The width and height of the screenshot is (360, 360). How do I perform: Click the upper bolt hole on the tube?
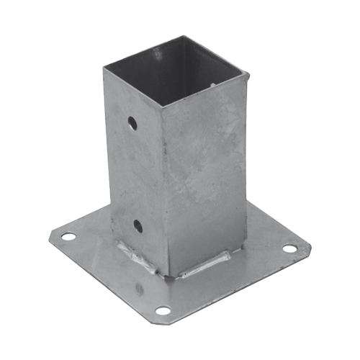click(132, 123)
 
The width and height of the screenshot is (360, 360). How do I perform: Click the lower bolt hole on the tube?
click(138, 226)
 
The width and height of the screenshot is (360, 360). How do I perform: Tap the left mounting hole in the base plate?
click(68, 236)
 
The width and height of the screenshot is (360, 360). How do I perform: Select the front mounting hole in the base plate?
click(163, 310)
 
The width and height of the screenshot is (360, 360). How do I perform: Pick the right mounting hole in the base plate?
click(289, 248)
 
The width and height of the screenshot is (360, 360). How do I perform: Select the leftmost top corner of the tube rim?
click(103, 67)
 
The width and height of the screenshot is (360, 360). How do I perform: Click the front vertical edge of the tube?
click(163, 187)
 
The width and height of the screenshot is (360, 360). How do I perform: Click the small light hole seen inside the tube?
click(213, 84)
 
